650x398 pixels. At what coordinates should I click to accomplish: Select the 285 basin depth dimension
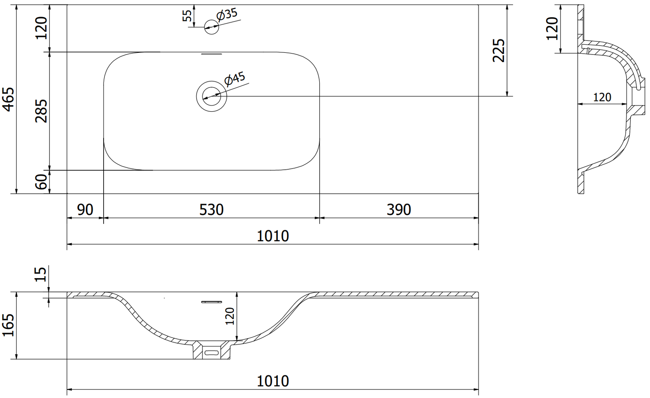(41, 111)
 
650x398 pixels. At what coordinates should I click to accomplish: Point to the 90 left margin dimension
(85, 210)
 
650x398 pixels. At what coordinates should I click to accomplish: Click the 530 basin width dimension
(211, 210)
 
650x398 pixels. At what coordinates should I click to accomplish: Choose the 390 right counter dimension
(399, 210)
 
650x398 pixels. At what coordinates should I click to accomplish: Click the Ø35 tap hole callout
(227, 15)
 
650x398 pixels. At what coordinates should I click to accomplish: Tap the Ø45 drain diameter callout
(235, 79)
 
